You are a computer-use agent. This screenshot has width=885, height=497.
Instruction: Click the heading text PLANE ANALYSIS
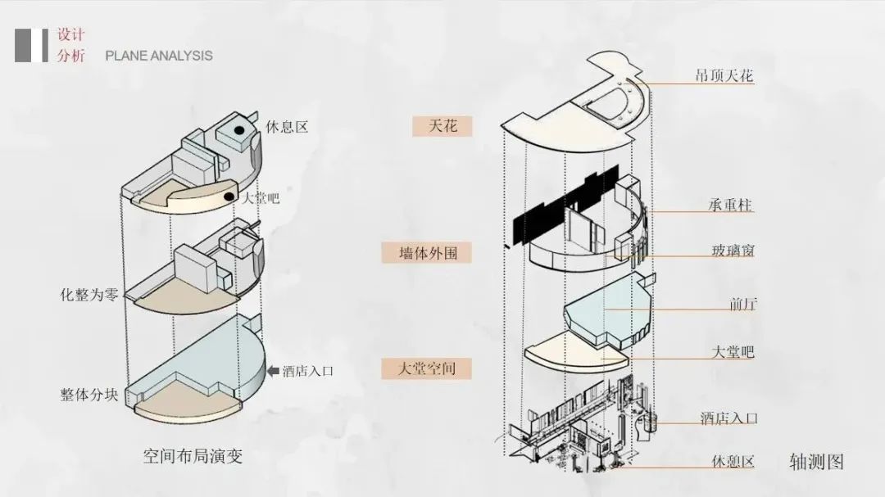(159, 56)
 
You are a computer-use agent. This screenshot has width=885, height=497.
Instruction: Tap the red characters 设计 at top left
(70, 35)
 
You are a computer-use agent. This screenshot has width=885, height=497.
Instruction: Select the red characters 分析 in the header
(70, 56)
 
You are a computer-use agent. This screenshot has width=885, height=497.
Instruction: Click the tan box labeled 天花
(442, 126)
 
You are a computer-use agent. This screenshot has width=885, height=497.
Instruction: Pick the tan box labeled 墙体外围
(429, 253)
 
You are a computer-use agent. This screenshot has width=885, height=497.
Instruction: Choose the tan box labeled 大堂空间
(429, 368)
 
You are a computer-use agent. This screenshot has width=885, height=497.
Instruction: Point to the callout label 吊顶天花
(724, 77)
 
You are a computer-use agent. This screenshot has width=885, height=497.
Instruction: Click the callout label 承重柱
(730, 205)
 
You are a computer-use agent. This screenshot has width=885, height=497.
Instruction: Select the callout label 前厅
(742, 304)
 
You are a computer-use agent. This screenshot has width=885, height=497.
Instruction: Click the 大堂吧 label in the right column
(733, 352)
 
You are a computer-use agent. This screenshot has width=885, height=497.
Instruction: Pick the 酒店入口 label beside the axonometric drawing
(728, 418)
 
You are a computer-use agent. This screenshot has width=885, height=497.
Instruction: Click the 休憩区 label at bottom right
(733, 461)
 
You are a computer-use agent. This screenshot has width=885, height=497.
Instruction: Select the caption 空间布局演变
(193, 455)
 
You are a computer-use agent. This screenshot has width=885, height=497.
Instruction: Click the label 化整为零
(88, 292)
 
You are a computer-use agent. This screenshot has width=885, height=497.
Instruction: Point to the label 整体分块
(88, 394)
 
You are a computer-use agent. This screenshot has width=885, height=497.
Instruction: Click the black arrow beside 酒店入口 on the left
(273, 371)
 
